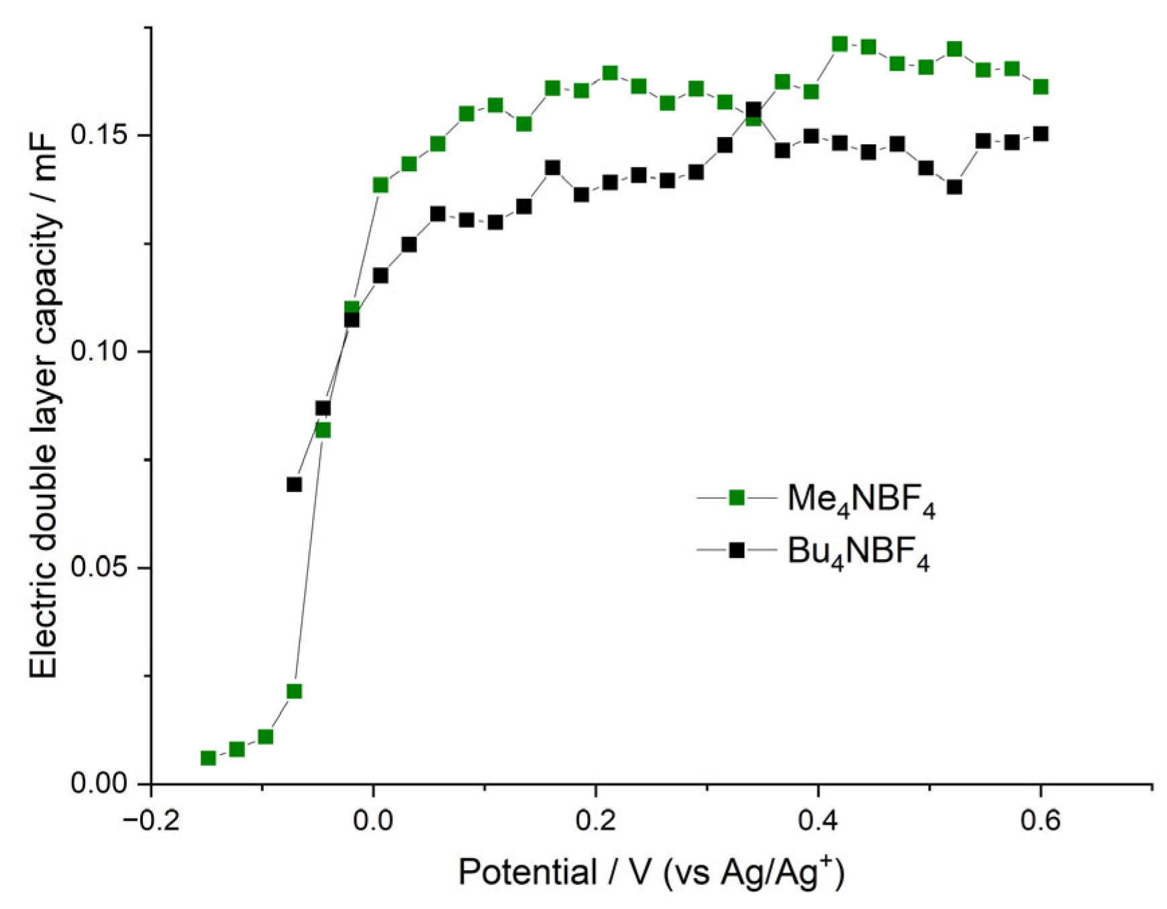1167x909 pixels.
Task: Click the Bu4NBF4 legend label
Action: (858, 553)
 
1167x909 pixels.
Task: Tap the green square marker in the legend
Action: (737, 497)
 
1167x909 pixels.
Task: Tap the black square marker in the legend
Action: (737, 551)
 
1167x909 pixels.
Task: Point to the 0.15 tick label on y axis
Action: (101, 135)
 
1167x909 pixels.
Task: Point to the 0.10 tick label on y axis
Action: (101, 351)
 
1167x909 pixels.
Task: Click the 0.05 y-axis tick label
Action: (101, 568)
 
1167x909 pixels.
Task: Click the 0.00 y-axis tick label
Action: (101, 783)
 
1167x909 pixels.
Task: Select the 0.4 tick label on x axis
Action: (817, 821)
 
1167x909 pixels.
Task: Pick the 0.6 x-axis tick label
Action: (1040, 821)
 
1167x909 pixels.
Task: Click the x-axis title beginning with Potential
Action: (651, 873)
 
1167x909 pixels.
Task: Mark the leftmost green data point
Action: (208, 758)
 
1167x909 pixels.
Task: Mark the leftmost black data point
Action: (294, 484)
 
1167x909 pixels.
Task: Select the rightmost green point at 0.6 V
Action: (1040, 87)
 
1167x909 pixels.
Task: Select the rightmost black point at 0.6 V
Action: (1040, 134)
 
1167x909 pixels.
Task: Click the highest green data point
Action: (840, 44)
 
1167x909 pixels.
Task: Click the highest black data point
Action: (754, 109)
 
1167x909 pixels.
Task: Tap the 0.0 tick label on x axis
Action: (373, 821)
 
